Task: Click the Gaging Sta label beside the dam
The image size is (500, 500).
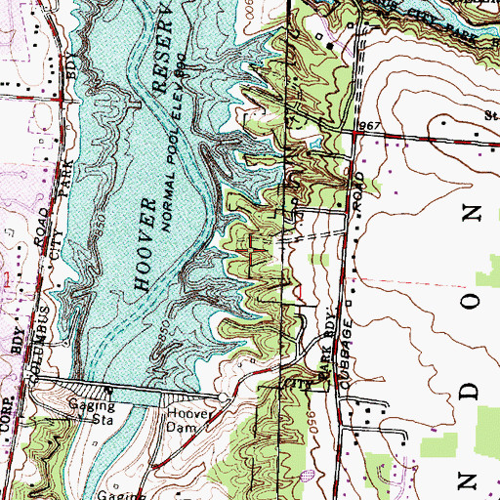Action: (x=91, y=409)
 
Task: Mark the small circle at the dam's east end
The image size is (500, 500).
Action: (x=224, y=399)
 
